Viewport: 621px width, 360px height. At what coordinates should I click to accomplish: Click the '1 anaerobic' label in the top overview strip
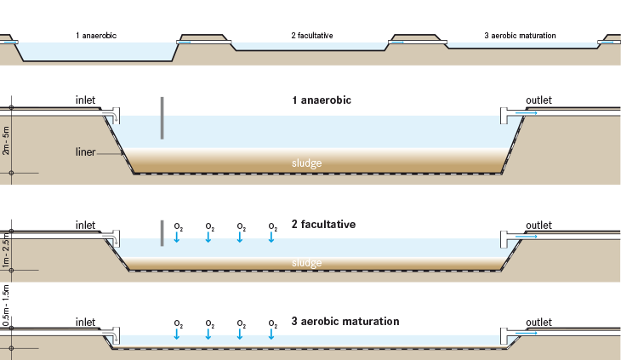point(96,36)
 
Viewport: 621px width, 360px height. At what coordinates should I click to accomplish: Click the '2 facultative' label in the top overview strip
point(311,36)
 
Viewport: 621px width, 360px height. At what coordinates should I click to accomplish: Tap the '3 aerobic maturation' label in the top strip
point(520,36)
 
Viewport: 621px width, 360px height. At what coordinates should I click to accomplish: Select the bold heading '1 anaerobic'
point(322,100)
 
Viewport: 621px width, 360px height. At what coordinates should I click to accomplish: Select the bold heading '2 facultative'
point(323,225)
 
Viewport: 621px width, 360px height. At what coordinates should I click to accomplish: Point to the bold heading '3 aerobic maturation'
point(345,322)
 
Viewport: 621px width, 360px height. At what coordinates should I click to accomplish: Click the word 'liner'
point(84,153)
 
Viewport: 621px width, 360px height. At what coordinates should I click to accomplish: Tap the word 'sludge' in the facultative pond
point(306,263)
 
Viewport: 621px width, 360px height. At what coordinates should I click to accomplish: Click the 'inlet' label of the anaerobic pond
point(86,100)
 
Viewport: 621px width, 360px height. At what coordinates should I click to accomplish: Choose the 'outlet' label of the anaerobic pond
point(538,100)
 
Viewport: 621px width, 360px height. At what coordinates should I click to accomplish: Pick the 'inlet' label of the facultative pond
point(86,226)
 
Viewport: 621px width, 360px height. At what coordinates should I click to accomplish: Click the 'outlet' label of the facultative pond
point(538,226)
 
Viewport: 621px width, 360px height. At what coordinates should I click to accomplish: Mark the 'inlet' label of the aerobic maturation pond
point(86,323)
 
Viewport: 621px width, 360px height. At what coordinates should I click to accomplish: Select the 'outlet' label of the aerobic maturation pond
point(538,323)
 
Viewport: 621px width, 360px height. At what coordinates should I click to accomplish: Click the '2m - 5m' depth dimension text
point(6,140)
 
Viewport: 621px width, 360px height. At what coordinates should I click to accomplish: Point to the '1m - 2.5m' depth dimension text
point(6,251)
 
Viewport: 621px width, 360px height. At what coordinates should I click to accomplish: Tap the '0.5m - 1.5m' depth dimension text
point(6,307)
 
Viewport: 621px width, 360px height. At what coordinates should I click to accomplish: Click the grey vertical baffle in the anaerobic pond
point(161,117)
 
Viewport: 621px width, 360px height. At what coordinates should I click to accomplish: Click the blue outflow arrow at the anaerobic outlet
point(526,112)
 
